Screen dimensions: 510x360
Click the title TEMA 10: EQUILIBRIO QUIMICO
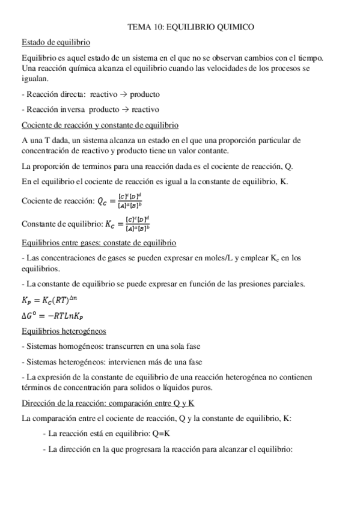click(191, 27)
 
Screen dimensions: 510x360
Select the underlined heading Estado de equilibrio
click(55, 43)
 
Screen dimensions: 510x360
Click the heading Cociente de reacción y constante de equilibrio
click(99, 125)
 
